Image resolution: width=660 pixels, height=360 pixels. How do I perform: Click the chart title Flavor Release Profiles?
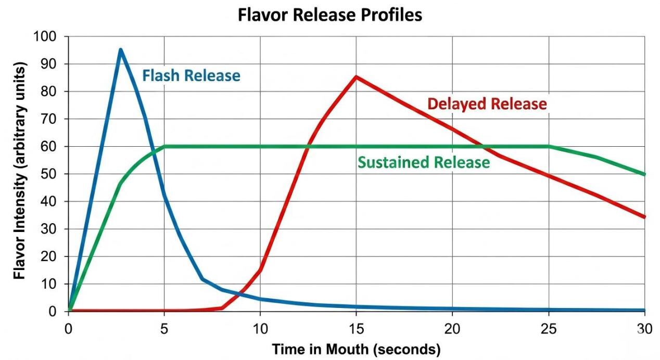click(x=330, y=15)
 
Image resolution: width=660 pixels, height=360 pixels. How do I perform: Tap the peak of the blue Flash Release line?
click(x=120, y=50)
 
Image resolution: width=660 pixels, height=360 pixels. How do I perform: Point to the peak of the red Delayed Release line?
click(x=356, y=77)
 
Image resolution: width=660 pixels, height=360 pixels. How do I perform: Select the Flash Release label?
click(x=192, y=76)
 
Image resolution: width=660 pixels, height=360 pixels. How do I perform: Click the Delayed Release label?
click(x=487, y=104)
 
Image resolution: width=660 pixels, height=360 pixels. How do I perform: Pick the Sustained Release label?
click(x=424, y=162)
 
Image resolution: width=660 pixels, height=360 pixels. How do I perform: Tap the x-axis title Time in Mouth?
click(x=356, y=349)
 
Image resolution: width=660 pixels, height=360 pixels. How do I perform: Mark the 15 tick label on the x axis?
click(x=356, y=328)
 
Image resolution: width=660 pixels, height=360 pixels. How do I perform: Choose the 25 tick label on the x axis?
click(x=548, y=328)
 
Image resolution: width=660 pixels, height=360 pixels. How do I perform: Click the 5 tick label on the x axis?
click(x=164, y=328)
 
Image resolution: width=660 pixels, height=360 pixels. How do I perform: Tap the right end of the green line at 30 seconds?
click(x=644, y=174)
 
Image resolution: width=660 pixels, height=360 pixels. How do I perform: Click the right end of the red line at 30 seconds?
click(x=644, y=216)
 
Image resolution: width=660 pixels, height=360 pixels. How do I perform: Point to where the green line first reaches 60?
click(x=164, y=147)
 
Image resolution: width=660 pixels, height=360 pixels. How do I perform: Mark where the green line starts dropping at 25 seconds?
click(x=549, y=147)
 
